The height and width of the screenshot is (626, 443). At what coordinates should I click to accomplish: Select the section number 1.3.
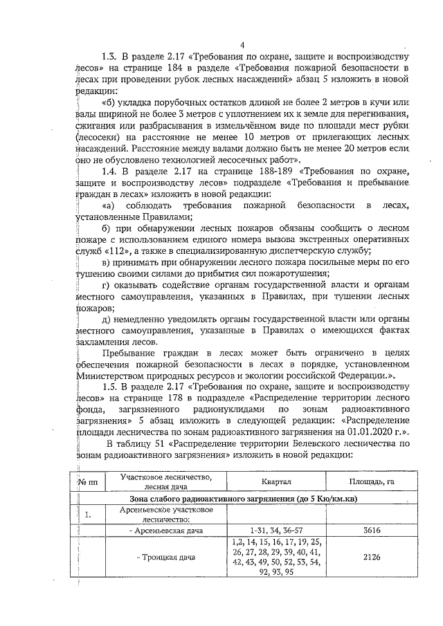click(109, 56)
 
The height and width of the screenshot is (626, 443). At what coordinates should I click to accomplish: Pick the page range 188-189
click(239, 169)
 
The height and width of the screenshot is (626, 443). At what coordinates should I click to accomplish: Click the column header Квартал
click(275, 481)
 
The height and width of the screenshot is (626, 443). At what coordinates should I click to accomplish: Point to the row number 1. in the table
click(88, 515)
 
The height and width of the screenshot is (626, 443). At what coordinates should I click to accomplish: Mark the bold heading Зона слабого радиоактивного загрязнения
click(233, 499)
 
